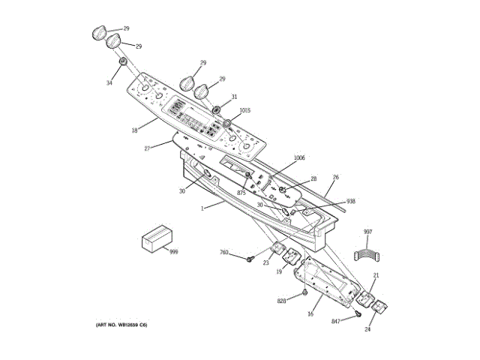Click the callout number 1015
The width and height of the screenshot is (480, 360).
245,111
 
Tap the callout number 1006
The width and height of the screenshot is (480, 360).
298,157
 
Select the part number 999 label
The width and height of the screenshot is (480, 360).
173,251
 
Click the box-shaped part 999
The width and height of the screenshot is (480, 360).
156,239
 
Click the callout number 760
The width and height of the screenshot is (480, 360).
224,252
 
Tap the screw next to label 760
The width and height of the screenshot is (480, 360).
247,259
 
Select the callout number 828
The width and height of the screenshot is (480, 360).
282,300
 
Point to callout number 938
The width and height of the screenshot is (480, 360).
350,202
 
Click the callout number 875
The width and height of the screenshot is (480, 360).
241,193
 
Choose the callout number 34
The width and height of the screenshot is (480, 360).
109,82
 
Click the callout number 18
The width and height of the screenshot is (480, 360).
134,130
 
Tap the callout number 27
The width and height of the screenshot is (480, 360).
147,148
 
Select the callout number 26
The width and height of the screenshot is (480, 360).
336,177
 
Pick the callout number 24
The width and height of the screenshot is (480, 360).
368,328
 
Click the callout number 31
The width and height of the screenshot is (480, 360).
234,97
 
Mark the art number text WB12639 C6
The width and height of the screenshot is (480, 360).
122,325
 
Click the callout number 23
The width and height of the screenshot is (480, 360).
265,262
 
